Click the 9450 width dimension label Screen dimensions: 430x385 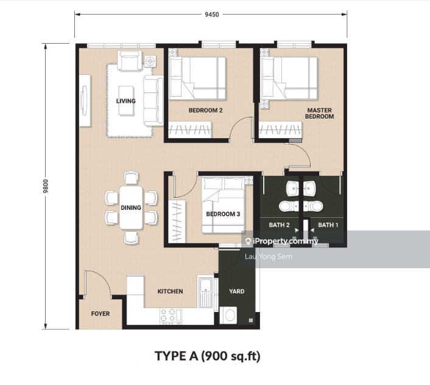coord(212,15)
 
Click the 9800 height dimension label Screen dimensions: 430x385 coord(46,186)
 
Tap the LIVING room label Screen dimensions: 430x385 coord(126,101)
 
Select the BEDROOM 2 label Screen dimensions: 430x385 coord(205,110)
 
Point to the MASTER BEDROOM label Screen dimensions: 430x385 coord(320,113)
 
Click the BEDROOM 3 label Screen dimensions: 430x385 coord(223,214)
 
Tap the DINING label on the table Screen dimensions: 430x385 coord(131,207)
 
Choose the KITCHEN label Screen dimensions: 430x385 coord(170,291)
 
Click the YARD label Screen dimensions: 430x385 coord(237,291)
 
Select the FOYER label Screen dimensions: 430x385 coord(100,313)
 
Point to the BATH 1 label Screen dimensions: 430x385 coord(328,225)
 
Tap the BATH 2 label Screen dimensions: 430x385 coord(279,225)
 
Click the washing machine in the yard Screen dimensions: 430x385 coord(228,315)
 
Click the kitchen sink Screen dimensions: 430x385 coord(205,292)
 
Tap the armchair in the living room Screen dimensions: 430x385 coord(130,60)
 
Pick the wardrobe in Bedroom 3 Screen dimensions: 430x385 coord(177,221)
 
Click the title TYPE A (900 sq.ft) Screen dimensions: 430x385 coord(208,356)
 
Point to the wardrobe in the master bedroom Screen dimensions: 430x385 coord(280,130)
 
